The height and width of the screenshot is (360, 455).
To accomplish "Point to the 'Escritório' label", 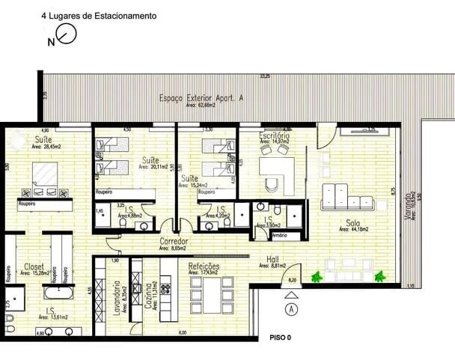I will click(x=274, y=135).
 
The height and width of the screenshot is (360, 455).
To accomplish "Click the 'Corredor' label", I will click(x=173, y=242).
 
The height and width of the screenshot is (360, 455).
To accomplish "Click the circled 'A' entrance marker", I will click(x=291, y=308).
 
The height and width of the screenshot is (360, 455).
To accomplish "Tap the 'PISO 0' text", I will click(x=279, y=338).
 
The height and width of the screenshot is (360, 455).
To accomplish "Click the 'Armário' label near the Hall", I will click(x=279, y=236).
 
